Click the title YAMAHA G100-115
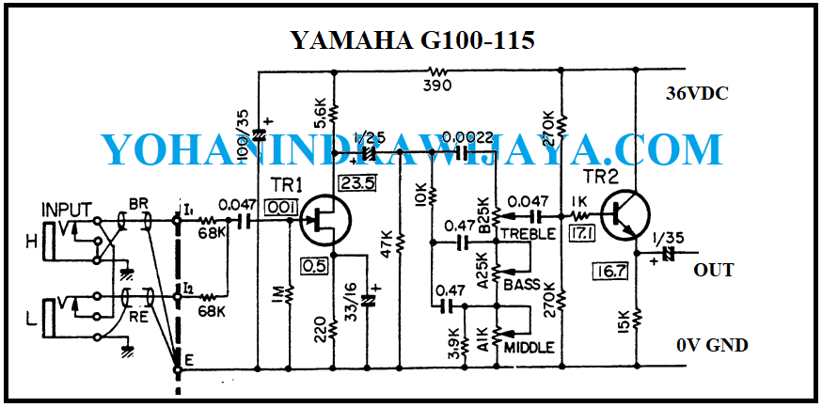412,40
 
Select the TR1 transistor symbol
324,223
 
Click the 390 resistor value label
437,85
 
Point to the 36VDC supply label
697,94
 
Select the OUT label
713,271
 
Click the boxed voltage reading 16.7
609,273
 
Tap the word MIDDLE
529,348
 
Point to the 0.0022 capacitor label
467,138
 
